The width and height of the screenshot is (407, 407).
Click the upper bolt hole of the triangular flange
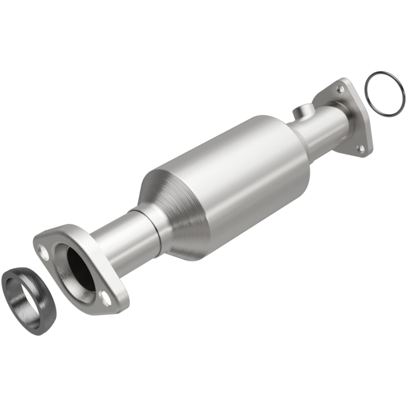[340, 89]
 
